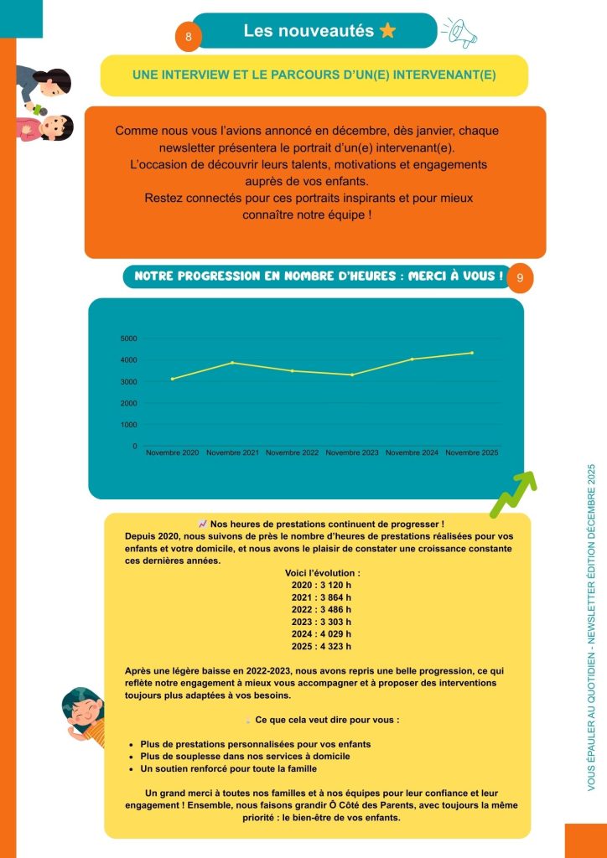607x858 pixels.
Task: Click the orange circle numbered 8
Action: (x=189, y=38)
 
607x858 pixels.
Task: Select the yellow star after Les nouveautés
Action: (x=387, y=31)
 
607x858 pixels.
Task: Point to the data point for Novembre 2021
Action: (x=232, y=363)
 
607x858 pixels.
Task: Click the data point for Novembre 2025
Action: (x=472, y=353)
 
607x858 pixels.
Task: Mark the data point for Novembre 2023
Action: (x=352, y=375)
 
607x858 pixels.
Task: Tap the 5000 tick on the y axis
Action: (x=128, y=339)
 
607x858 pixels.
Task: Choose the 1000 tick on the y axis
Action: (x=128, y=425)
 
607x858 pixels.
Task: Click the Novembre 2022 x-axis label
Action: (x=292, y=453)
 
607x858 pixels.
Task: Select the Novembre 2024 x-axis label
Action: (x=412, y=453)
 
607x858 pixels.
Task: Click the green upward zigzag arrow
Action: (x=513, y=494)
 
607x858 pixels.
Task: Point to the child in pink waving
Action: (x=50, y=127)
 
